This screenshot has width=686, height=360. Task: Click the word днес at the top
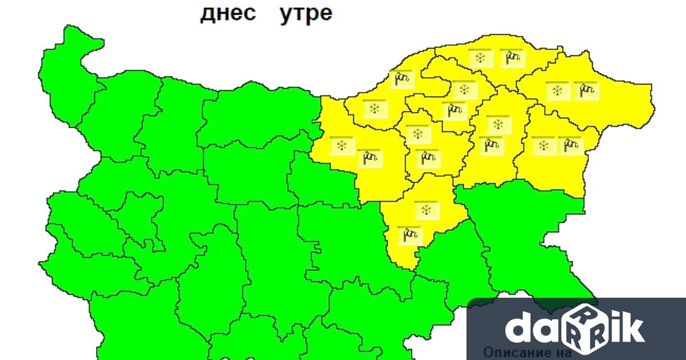(228, 14)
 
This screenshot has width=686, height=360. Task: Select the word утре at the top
(306, 14)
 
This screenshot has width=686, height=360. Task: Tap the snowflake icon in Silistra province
(480, 57)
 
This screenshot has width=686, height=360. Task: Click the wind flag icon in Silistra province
(512, 57)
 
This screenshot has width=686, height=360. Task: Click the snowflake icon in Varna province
(543, 145)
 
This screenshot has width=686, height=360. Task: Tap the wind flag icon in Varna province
(569, 145)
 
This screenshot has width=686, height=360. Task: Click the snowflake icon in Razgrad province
(464, 89)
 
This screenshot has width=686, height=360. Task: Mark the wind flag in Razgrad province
(455, 110)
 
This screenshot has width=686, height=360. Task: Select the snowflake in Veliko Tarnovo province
(342, 145)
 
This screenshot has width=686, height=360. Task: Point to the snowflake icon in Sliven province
(426, 210)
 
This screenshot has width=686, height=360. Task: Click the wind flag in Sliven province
(409, 234)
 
